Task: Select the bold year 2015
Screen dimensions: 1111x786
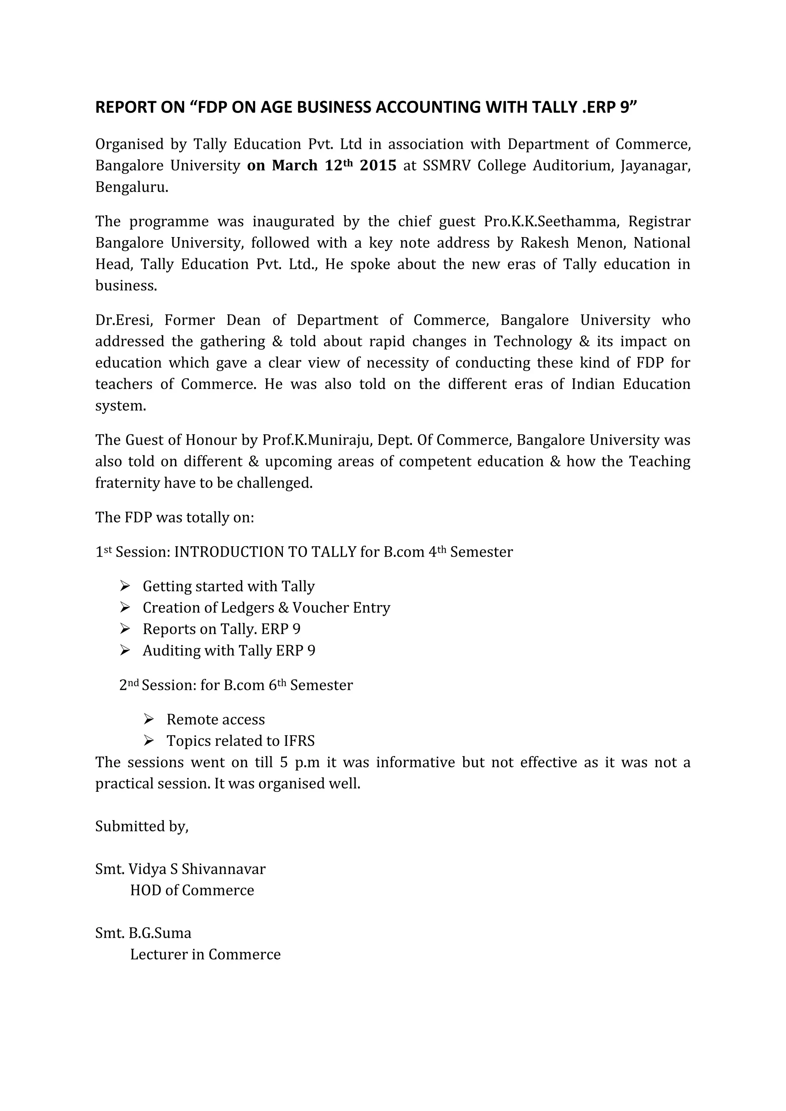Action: [378, 165]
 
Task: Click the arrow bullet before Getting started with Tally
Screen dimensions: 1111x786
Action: [125, 586]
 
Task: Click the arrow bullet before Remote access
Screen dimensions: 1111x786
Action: [149, 720]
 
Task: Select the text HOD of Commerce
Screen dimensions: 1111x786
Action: [192, 890]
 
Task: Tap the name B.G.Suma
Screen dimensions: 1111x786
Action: [160, 933]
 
